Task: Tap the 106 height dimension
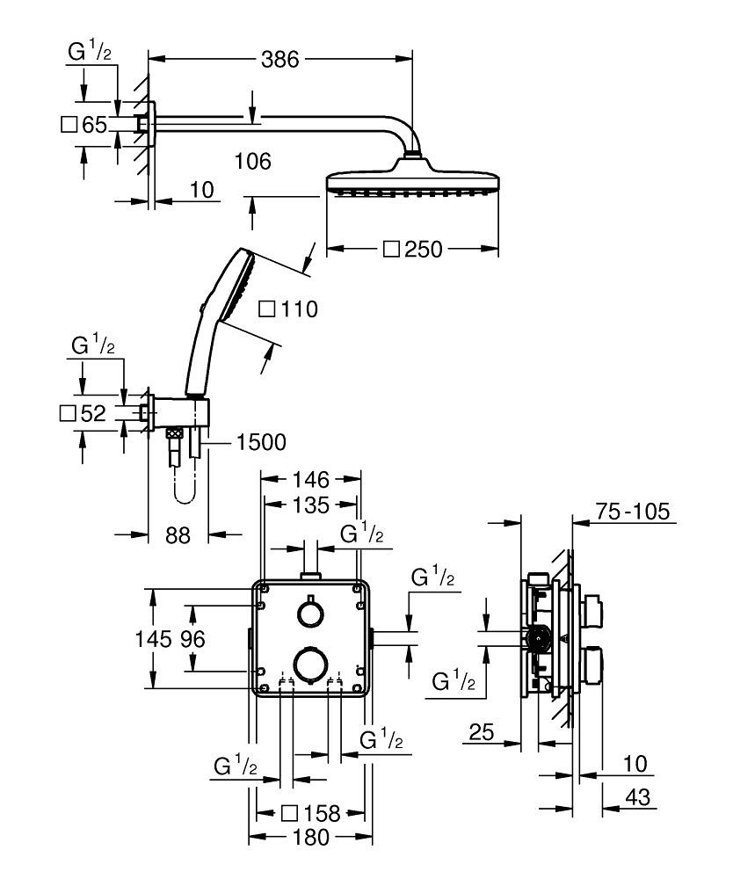point(253,162)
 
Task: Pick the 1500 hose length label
point(261,443)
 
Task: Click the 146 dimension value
point(311,480)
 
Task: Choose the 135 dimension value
point(311,505)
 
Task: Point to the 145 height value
point(159,640)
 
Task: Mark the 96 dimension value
point(192,640)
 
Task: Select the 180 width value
point(311,838)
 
